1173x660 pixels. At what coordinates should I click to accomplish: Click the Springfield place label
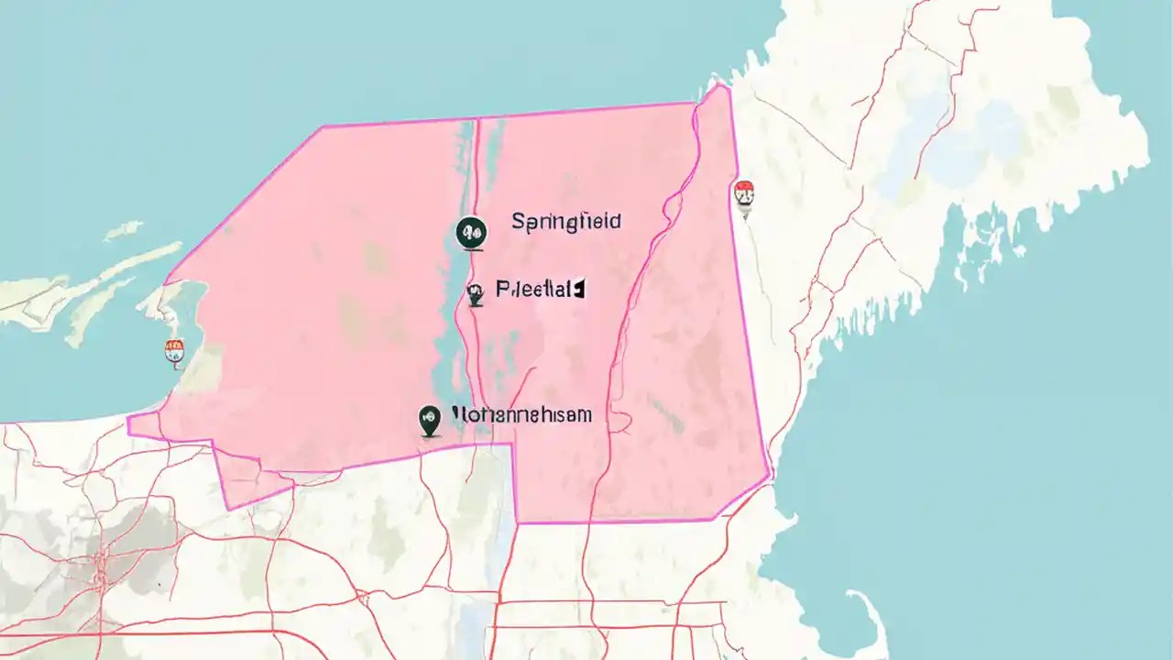click(565, 221)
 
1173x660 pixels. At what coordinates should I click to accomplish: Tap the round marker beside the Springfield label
click(470, 233)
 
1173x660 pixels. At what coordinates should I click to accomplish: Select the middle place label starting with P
click(539, 291)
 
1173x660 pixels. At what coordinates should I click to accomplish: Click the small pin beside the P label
click(475, 294)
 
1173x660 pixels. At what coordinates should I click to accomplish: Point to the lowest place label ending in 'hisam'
click(522, 415)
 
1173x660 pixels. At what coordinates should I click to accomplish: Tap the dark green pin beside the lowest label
click(429, 420)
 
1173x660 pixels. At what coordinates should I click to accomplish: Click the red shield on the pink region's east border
click(744, 195)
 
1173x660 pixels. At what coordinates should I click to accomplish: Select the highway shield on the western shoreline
click(174, 351)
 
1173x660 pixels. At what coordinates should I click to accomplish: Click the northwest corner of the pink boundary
click(323, 127)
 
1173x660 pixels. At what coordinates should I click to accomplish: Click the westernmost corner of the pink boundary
click(129, 418)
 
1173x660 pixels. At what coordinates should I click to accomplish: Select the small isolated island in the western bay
click(123, 229)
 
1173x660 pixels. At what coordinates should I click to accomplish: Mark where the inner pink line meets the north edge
click(478, 118)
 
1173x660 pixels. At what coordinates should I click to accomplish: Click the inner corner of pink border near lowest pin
click(511, 445)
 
